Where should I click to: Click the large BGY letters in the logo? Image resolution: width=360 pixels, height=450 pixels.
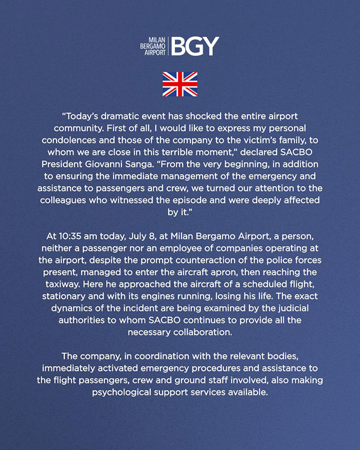pos(195,46)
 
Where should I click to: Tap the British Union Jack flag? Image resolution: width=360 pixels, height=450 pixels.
pos(180,84)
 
